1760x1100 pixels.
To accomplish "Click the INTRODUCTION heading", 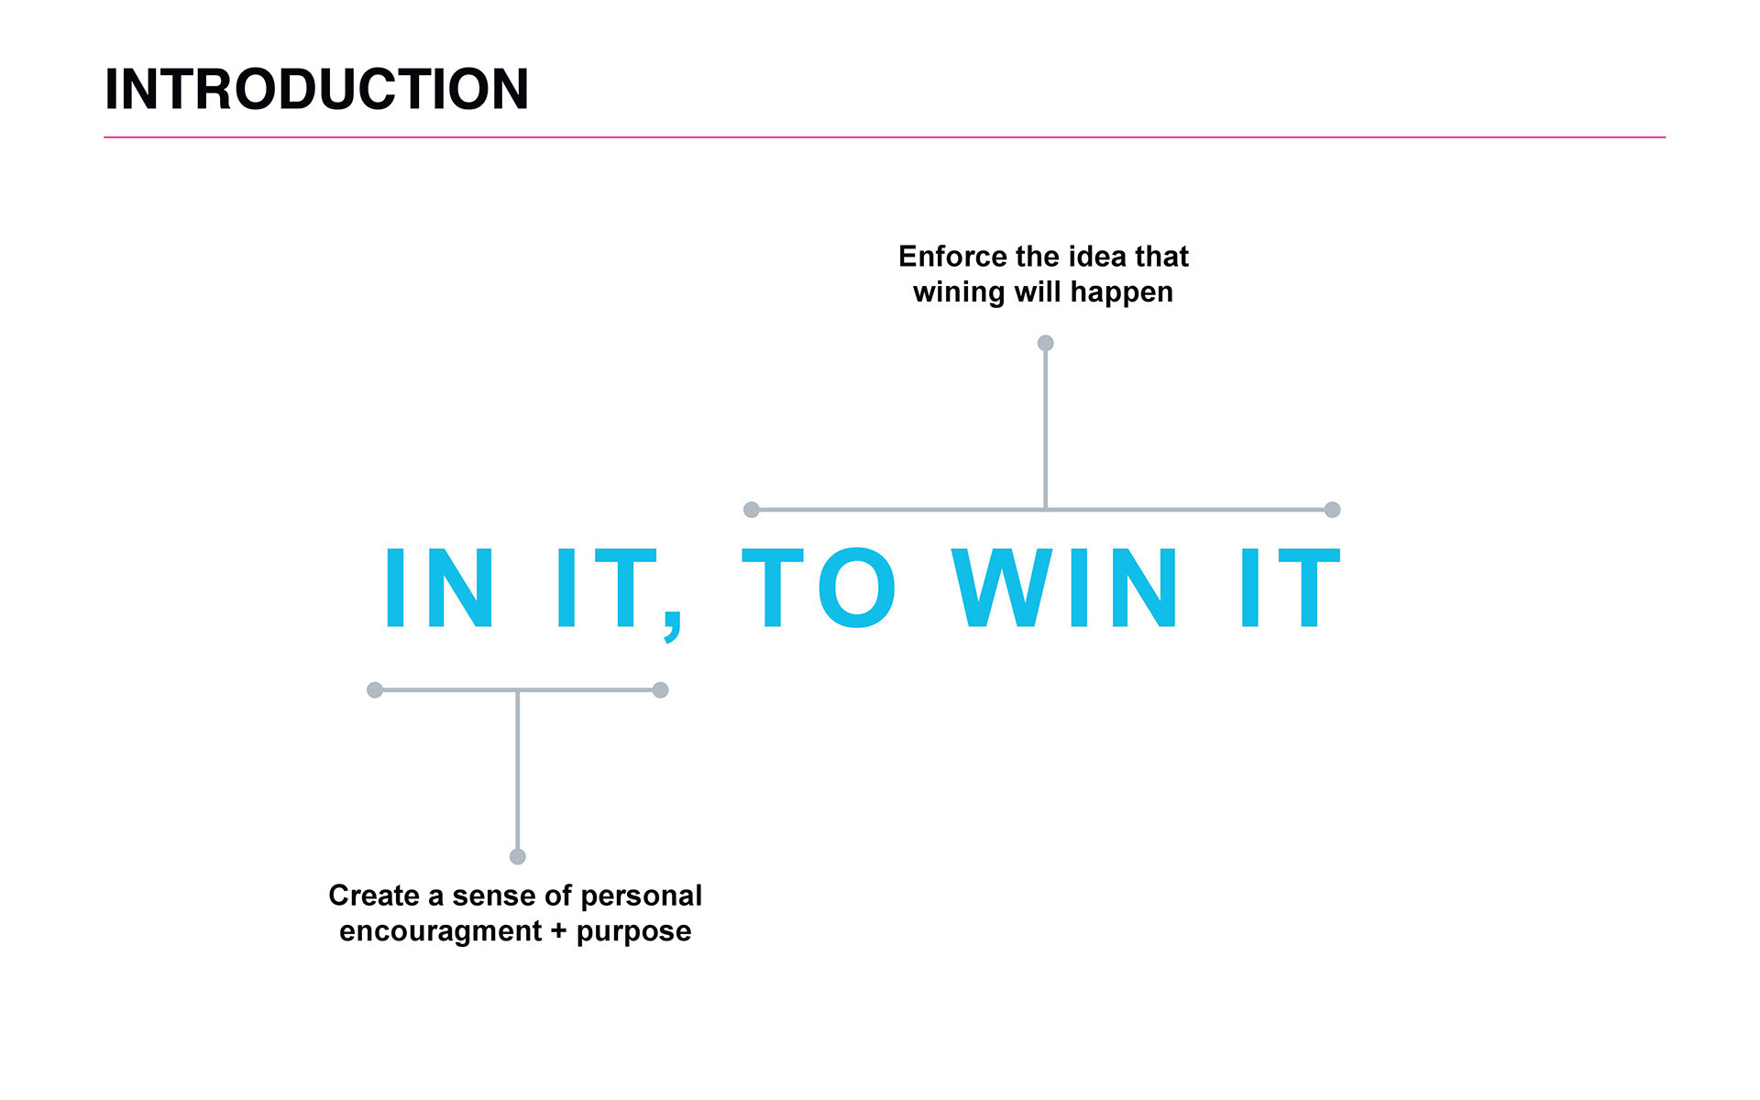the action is pos(316,89).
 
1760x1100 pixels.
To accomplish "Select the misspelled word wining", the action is pos(959,292).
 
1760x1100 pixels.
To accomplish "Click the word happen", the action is pos(1121,293).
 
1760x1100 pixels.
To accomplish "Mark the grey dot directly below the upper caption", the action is pos(1045,343).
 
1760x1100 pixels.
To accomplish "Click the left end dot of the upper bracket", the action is pos(752,510).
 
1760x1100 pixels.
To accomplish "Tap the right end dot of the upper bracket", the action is pos(1332,510).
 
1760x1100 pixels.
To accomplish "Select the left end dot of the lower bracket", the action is pos(375,690).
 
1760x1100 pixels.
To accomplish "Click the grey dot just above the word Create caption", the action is pos(518,856).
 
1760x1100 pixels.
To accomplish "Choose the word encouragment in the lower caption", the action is pos(440,931).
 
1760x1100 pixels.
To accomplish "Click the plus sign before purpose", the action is pos(558,931).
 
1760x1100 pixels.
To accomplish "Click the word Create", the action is pos(373,896).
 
